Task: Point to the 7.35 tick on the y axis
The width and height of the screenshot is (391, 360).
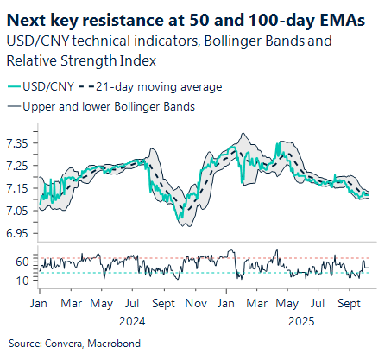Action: tap(20, 142)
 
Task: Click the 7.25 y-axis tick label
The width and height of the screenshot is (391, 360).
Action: tap(20, 165)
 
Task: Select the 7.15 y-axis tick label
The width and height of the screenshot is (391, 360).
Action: tap(20, 187)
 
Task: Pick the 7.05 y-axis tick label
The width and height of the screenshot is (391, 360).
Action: tap(20, 210)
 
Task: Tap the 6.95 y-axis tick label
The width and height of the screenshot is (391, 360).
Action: tap(20, 233)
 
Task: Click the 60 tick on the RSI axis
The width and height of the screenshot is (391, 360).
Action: tap(22, 262)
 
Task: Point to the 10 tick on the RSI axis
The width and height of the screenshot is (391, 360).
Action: tap(22, 281)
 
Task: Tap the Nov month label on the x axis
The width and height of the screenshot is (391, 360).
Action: tap(196, 304)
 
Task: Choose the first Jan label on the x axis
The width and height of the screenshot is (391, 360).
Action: tap(40, 304)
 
